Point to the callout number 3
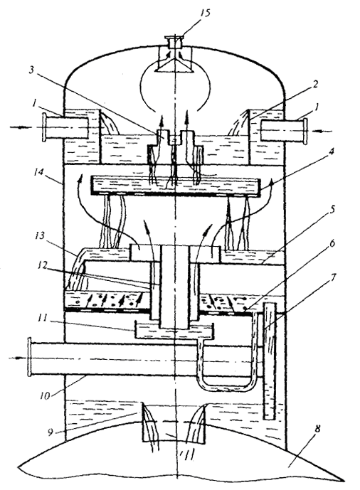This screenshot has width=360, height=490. click(31, 70)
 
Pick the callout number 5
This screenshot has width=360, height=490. click(332, 209)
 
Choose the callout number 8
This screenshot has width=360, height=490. click(317, 430)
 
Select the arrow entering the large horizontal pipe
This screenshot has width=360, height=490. click(17, 357)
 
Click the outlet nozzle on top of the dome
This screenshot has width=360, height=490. click(174, 42)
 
